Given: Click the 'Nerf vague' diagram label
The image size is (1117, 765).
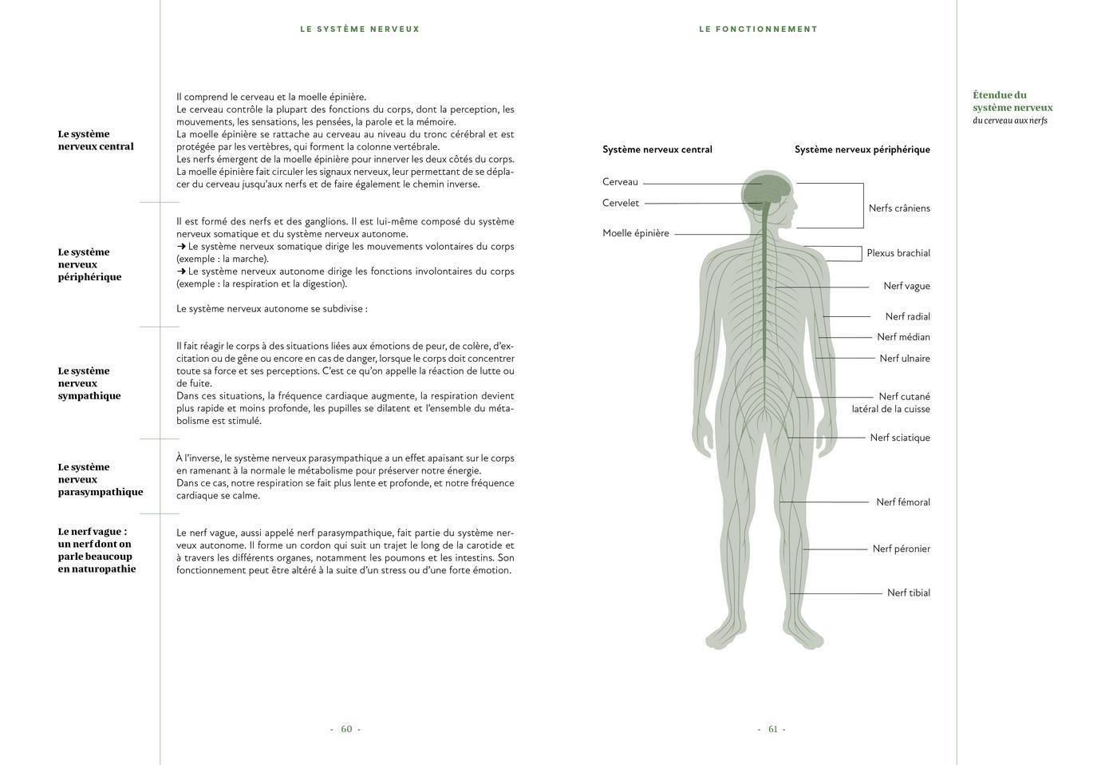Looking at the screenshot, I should [x=906, y=286].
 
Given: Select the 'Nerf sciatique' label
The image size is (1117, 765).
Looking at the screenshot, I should [x=899, y=438].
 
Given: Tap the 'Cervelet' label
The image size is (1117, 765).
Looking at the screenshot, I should [x=620, y=203].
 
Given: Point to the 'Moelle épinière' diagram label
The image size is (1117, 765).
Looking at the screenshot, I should [x=635, y=233].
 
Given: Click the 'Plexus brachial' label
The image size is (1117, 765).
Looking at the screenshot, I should [x=898, y=253].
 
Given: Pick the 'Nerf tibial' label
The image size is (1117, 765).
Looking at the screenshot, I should [x=908, y=593].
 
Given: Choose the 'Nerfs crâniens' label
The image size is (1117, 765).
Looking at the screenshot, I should [x=898, y=208].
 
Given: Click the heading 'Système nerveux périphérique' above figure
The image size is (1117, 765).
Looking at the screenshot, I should [x=862, y=149].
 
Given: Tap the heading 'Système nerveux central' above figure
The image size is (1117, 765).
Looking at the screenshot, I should [x=657, y=149].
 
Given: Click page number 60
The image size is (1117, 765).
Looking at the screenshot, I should [x=345, y=729].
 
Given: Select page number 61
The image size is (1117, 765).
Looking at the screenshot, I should [x=772, y=729].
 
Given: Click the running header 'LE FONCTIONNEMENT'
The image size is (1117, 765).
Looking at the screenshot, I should [x=758, y=29].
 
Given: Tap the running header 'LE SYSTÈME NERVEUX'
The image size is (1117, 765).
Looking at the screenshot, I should [x=360, y=29].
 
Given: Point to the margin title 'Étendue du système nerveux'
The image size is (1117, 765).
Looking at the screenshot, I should [x=1012, y=101].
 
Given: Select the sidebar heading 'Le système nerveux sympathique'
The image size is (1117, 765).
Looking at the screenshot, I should [x=89, y=383].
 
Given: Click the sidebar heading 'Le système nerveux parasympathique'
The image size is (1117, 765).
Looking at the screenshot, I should [x=100, y=479].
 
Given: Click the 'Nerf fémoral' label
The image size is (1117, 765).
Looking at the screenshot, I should [x=902, y=502].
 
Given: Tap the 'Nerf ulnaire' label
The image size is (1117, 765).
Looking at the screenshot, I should [x=904, y=359].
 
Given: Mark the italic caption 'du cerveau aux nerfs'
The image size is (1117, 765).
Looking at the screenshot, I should [x=1009, y=121].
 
